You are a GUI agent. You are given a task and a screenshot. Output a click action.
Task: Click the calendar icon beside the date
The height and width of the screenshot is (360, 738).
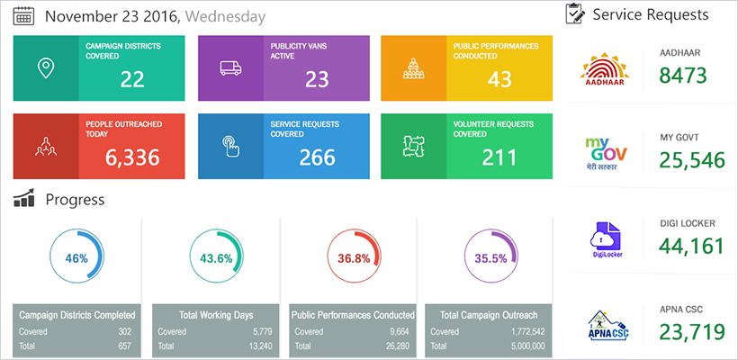pyautogui.click(x=24, y=16)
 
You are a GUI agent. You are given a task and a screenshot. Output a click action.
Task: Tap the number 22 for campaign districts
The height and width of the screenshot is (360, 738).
pyautogui.click(x=132, y=80)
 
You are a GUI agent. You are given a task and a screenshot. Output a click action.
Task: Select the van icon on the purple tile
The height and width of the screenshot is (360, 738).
pyautogui.click(x=230, y=68)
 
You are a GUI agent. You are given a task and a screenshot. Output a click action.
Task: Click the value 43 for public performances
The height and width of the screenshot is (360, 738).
pyautogui.click(x=499, y=80)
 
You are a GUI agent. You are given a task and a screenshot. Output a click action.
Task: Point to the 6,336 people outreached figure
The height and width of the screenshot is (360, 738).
pyautogui.click(x=132, y=158)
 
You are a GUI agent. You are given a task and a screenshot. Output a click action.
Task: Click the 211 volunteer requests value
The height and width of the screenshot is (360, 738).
pyautogui.click(x=499, y=158)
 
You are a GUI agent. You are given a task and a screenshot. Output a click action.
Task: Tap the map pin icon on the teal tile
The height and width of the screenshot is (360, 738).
pyautogui.click(x=46, y=68)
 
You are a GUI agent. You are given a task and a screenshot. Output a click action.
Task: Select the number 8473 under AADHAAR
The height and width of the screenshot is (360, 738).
pyautogui.click(x=683, y=76)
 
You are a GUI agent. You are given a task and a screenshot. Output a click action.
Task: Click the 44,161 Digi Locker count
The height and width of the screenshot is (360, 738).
pyautogui.click(x=691, y=246)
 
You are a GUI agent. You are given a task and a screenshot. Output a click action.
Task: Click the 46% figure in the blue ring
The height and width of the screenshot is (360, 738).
pyautogui.click(x=76, y=258)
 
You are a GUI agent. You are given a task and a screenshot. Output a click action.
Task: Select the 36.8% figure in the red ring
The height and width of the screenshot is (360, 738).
pyautogui.click(x=353, y=258)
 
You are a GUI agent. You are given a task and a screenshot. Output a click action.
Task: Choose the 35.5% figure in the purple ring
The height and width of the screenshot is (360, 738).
pyautogui.click(x=490, y=258)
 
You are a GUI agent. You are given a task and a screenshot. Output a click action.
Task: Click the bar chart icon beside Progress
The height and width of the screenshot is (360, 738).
pyautogui.click(x=24, y=198)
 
